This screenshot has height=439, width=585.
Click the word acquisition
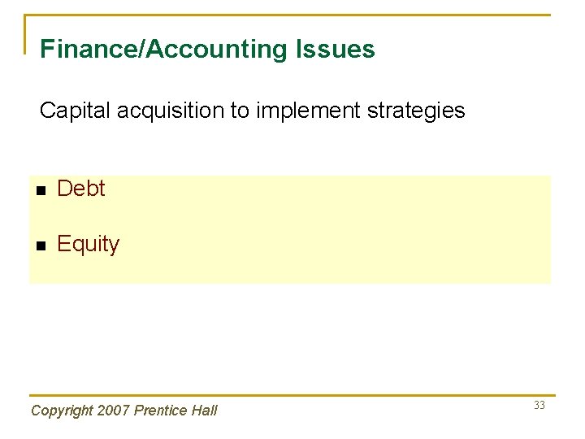171,111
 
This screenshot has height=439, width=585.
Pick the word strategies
416,111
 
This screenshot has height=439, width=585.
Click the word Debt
81,189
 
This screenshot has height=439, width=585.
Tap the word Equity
88,244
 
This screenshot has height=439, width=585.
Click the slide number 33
539,406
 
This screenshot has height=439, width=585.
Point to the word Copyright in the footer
62,411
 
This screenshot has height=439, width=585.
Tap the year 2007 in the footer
114,411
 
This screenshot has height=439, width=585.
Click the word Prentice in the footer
161,411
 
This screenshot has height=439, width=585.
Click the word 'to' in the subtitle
240,111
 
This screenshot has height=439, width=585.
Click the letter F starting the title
46,50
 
